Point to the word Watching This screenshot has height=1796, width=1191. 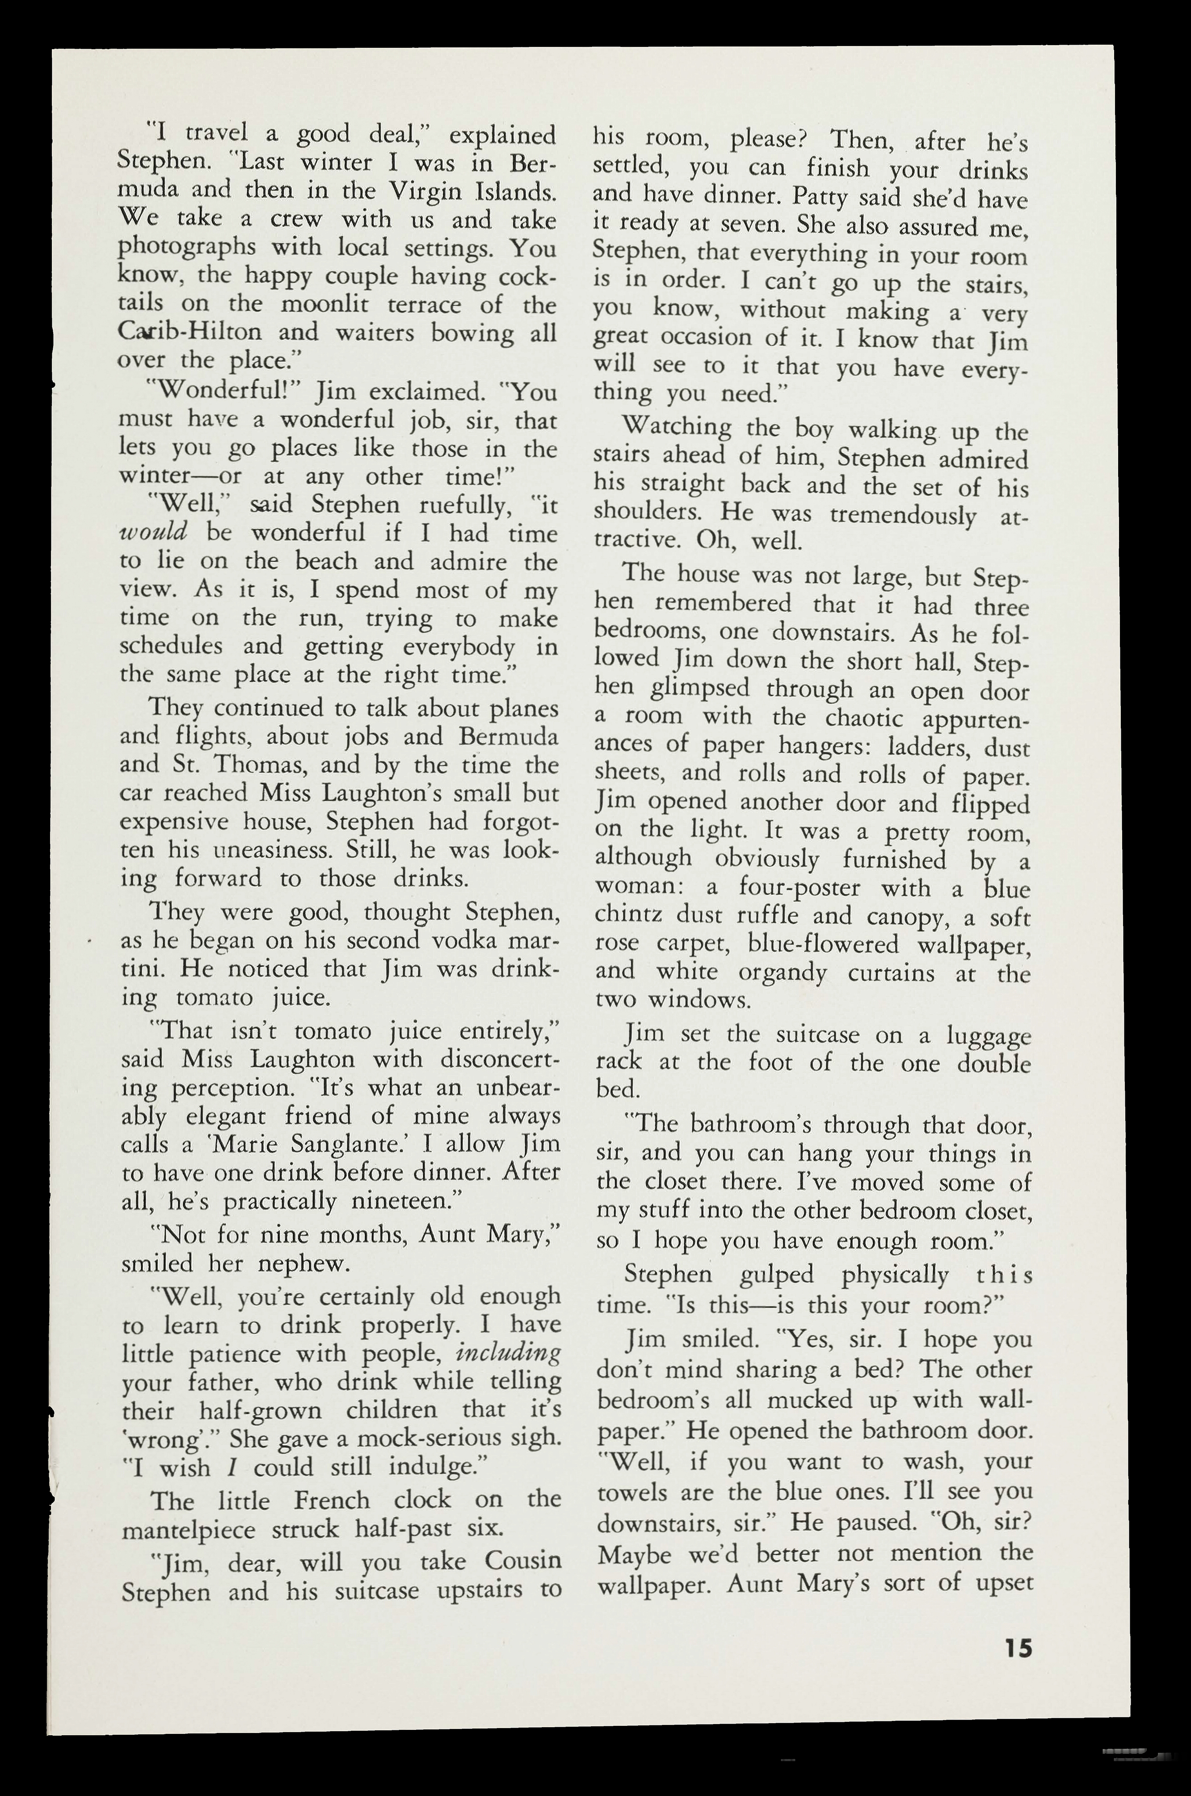(x=676, y=428)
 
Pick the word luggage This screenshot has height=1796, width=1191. (x=988, y=1036)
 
